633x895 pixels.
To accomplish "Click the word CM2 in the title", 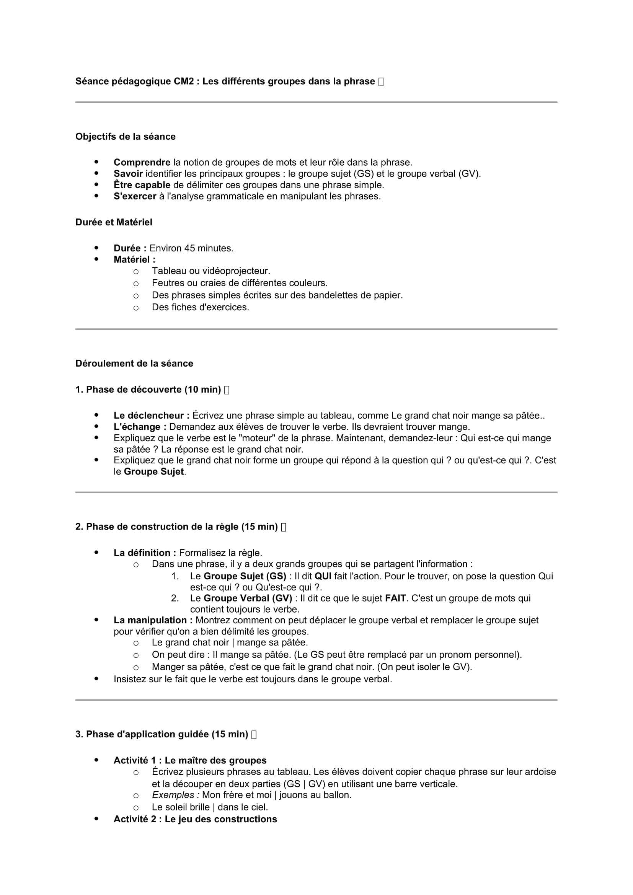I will tap(184, 82).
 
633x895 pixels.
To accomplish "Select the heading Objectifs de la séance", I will tap(125, 137).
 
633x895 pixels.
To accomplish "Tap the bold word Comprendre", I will tap(142, 163).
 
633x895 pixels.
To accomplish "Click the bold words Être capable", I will tap(142, 185).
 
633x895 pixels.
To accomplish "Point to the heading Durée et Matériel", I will tap(114, 222).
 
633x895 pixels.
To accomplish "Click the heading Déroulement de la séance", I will tap(134, 363).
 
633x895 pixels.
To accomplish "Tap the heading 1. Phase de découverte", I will tap(148, 390).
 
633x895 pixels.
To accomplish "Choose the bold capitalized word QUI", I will tap(323, 576).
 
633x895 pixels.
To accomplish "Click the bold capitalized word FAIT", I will tap(395, 598).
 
